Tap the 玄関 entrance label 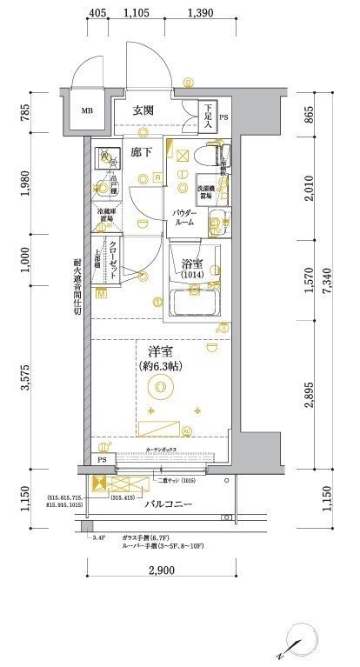(144, 110)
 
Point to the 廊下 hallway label (141, 152)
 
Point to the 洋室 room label (158, 357)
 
